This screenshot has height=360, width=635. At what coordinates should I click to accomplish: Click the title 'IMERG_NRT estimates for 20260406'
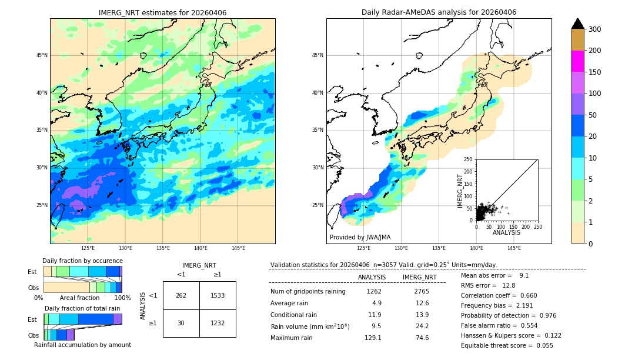162,12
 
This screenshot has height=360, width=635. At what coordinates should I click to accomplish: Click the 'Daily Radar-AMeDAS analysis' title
439,12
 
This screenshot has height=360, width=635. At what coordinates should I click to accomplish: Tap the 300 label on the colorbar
595,29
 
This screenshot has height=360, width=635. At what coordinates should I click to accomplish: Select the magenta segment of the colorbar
578,61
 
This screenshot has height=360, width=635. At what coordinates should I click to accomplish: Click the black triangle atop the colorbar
578,24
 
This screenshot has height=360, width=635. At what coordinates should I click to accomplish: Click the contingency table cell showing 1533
218,295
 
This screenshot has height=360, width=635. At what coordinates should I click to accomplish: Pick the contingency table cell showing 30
181,323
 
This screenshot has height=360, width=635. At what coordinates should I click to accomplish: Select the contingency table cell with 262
181,295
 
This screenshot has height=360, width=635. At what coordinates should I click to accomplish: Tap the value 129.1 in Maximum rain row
373,338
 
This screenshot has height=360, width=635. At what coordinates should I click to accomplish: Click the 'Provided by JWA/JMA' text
360,237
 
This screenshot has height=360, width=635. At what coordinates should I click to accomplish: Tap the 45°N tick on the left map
42,55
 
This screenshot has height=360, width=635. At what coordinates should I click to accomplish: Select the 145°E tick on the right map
514,248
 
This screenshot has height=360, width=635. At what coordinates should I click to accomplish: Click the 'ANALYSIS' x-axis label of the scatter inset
506,232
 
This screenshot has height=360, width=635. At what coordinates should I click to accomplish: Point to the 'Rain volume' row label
310,326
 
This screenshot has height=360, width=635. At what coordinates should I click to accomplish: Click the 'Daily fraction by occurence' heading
82,261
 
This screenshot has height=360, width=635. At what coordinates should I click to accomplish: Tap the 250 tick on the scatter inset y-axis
469,159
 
